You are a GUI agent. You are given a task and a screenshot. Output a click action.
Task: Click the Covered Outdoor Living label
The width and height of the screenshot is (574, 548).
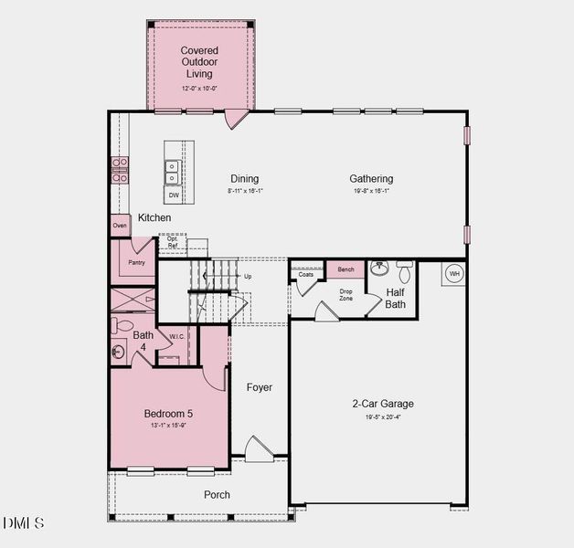click(198, 62)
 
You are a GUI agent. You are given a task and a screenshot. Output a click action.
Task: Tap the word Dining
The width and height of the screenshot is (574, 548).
click(244, 179)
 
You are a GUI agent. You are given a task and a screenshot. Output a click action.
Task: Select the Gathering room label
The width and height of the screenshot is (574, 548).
click(371, 179)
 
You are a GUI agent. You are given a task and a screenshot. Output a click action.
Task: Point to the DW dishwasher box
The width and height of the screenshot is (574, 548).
click(174, 195)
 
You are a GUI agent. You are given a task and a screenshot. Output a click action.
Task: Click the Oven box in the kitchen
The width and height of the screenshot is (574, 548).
click(120, 226)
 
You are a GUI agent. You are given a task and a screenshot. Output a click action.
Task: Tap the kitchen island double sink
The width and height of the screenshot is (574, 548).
click(173, 173)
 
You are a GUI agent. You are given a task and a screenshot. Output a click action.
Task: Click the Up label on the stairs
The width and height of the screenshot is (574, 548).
click(247, 276)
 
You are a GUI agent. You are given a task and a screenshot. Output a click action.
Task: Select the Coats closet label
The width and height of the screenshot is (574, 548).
click(306, 274)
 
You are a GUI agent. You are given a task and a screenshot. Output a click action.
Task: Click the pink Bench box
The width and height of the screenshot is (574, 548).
click(345, 269)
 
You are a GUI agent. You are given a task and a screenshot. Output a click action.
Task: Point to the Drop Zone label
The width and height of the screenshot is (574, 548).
click(345, 295)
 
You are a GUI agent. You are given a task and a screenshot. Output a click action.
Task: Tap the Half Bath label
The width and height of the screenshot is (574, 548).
click(395, 299)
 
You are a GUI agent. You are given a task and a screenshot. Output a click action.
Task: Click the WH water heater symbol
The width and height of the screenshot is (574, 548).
click(454, 274)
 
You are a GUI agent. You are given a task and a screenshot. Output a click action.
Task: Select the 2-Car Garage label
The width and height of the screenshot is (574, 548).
click(383, 404)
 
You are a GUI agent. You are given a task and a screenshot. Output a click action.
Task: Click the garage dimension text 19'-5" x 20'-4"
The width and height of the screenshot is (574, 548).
click(383, 416)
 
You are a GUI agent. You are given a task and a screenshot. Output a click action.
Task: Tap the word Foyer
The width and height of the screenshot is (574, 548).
click(260, 387)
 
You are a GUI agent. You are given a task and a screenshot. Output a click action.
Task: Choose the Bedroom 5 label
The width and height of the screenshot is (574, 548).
click(168, 413)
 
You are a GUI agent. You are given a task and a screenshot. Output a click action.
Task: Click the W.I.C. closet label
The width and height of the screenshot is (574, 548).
click(177, 336)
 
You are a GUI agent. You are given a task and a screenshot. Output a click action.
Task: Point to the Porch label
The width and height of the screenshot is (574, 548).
click(217, 495)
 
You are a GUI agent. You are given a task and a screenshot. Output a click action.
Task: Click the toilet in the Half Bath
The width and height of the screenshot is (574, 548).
click(404, 270)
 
